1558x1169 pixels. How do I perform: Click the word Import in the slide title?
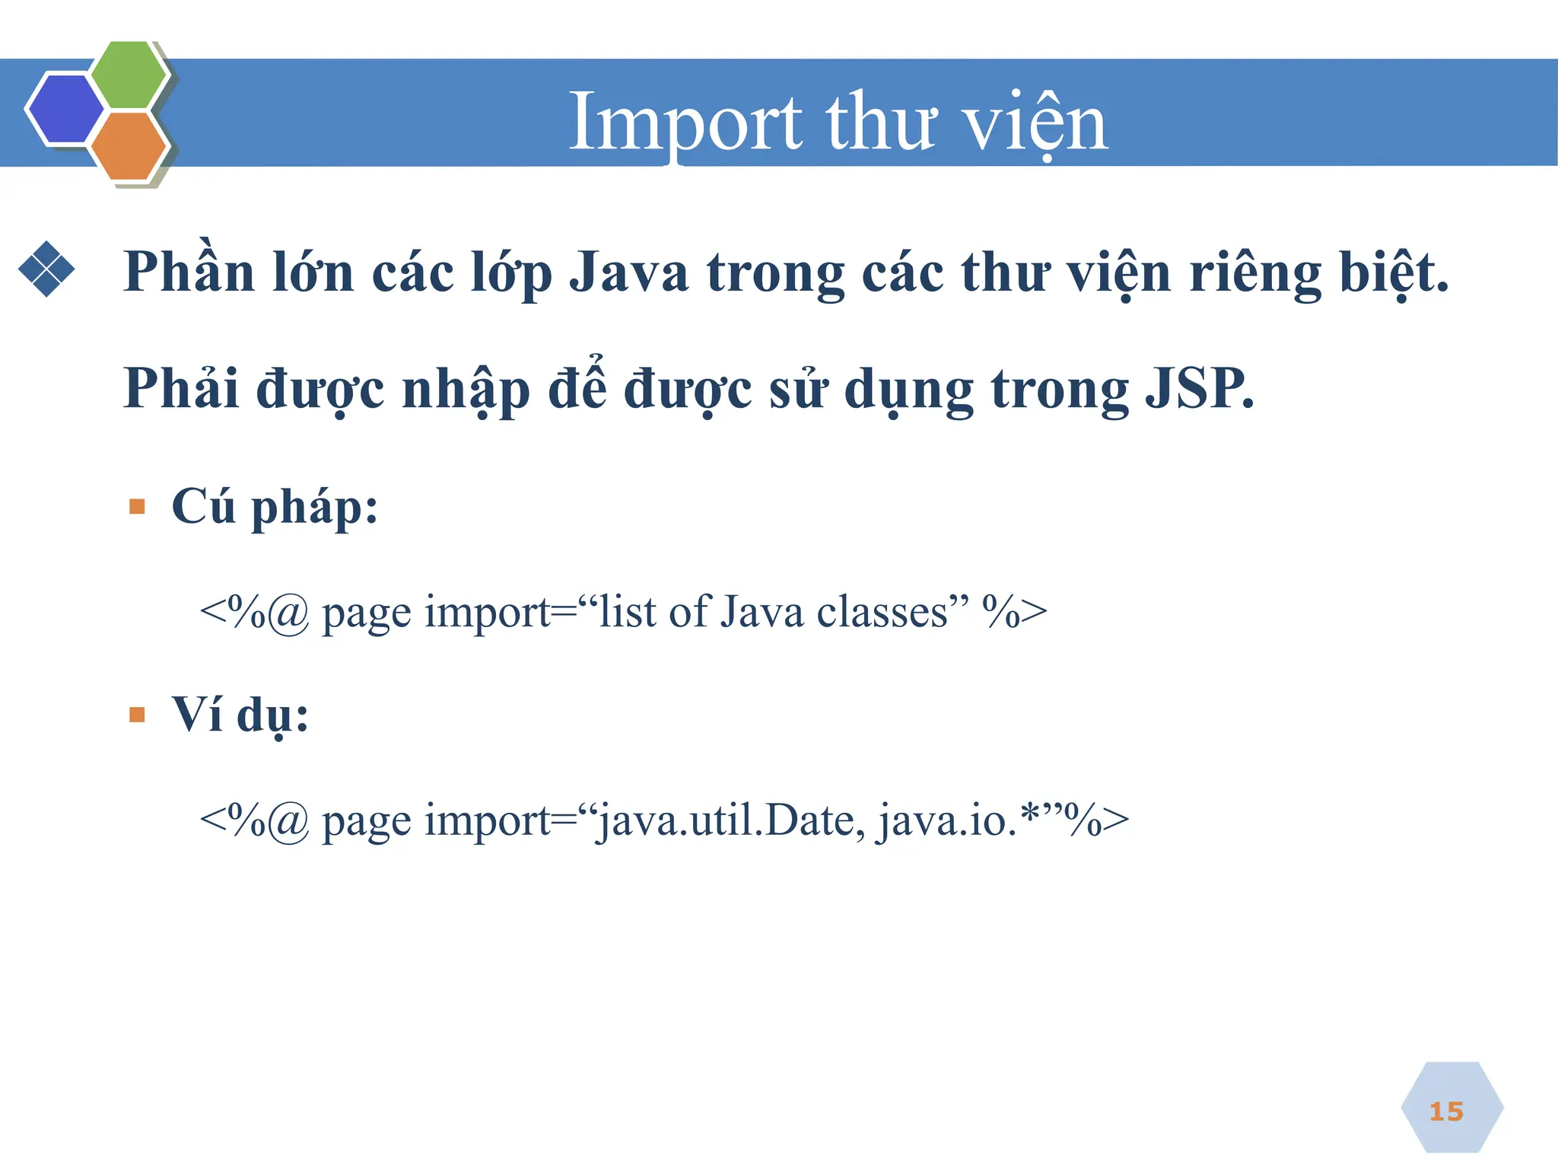point(685,122)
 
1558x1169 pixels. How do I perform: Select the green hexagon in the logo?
point(129,75)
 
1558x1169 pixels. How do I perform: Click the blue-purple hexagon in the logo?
point(65,109)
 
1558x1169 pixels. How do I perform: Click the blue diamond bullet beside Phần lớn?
point(46,269)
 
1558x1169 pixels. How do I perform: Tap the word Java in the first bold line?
point(629,272)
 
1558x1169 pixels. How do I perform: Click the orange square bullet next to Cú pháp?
point(137,507)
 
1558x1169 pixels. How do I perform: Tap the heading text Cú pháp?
point(275,507)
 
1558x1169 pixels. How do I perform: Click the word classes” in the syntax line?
point(893,611)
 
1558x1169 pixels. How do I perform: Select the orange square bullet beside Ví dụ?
point(137,715)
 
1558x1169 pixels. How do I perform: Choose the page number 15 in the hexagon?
point(1446,1112)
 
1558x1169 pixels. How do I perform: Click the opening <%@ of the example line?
point(254,820)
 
